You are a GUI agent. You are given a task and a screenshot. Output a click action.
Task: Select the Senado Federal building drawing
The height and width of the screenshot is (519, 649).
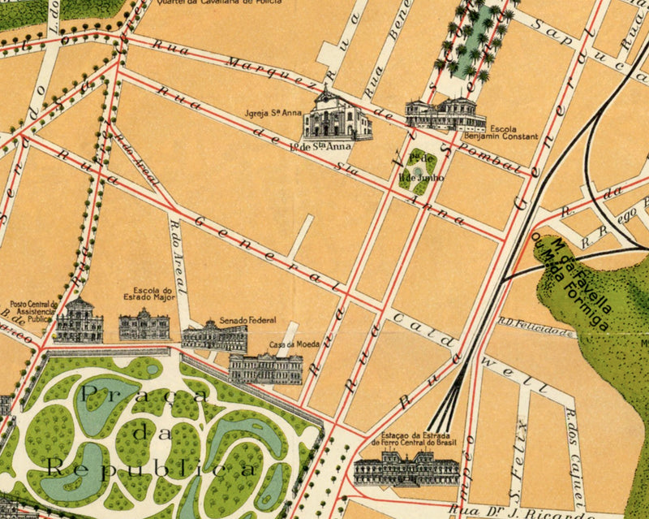[x=214, y=337]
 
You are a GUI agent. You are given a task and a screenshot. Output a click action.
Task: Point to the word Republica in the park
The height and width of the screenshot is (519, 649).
[x=150, y=469]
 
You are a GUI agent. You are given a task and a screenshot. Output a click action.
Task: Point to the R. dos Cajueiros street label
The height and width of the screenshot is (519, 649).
[x=574, y=455]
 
